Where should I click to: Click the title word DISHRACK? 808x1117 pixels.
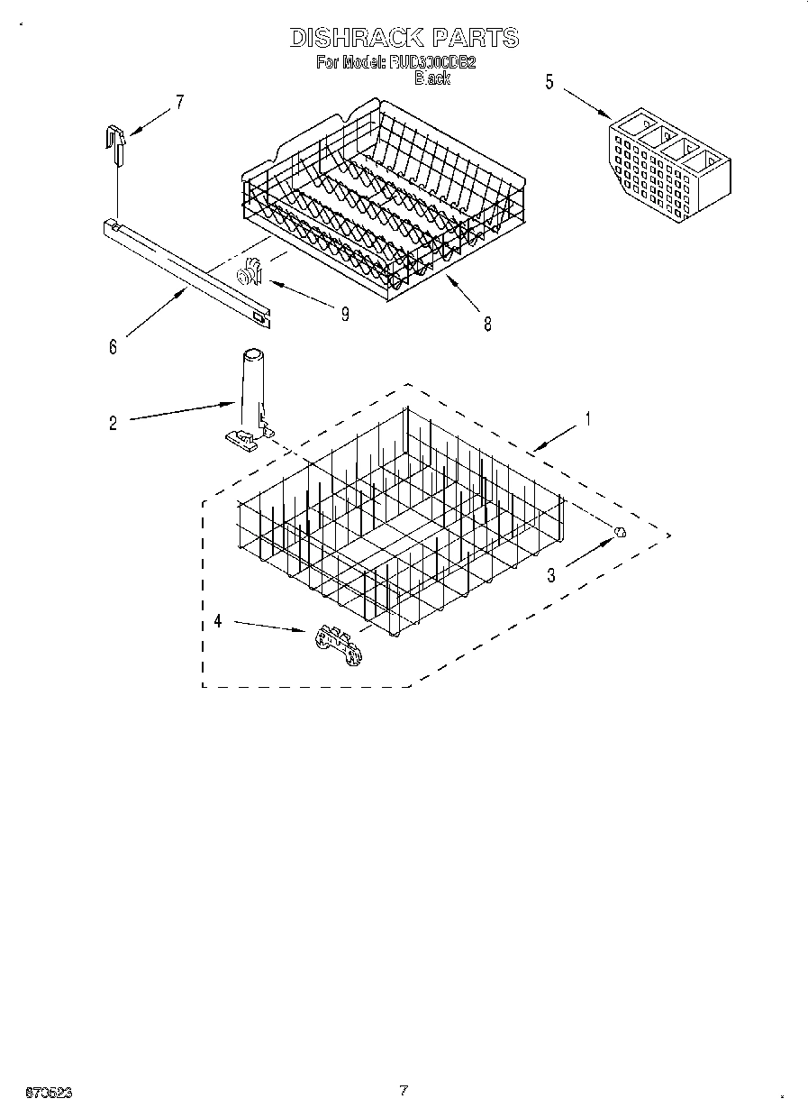click(x=356, y=37)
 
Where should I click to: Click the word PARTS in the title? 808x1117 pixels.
click(x=475, y=37)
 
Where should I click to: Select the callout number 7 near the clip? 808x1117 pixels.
click(x=178, y=102)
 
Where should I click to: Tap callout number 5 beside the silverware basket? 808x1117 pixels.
click(x=549, y=82)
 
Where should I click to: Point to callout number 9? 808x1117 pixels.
click(x=344, y=314)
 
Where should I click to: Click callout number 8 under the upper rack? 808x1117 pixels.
click(x=487, y=325)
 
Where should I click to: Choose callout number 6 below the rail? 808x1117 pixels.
click(x=113, y=347)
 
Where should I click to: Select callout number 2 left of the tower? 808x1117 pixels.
click(x=113, y=423)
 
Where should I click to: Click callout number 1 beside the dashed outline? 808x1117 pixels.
click(x=587, y=418)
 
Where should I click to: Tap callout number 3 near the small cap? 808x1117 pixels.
click(x=551, y=574)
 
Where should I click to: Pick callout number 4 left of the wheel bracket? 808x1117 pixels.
click(x=217, y=620)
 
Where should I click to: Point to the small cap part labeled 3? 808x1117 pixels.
click(x=621, y=533)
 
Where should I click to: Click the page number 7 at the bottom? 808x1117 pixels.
click(x=404, y=1090)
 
